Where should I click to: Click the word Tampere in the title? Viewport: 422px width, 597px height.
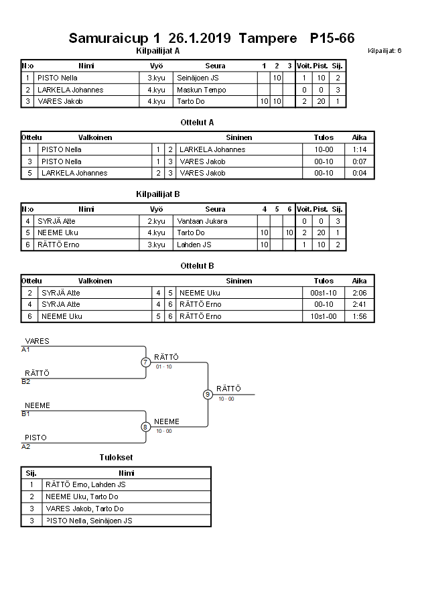[267, 38]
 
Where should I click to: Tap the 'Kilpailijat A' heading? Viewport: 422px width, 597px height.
[157, 50]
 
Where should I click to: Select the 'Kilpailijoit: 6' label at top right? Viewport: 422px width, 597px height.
[384, 51]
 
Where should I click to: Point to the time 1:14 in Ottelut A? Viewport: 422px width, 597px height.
[359, 149]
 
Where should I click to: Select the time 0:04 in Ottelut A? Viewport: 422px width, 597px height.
[359, 173]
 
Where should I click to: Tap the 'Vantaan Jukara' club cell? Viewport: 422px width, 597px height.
[202, 221]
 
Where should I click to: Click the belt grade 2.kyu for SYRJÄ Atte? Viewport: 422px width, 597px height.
[156, 221]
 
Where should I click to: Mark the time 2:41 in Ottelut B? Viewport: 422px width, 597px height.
[359, 304]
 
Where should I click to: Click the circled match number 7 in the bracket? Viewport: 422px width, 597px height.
[145, 362]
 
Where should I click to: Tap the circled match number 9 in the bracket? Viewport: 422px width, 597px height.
[208, 395]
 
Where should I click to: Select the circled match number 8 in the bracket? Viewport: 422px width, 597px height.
[145, 427]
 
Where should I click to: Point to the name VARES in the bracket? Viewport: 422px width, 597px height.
[37, 341]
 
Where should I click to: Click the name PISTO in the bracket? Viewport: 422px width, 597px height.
[36, 438]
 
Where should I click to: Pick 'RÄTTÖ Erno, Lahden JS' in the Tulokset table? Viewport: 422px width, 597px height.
[85, 484]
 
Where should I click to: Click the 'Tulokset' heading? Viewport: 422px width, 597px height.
[115, 458]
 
